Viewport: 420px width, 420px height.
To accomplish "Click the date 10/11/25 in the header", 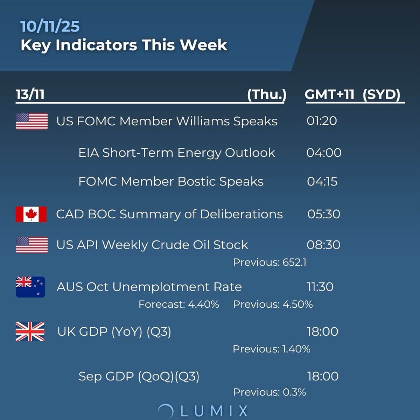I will pos(50,27).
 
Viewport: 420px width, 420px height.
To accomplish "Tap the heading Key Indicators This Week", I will pos(124,45).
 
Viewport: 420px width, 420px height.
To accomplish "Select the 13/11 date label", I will pos(30,94).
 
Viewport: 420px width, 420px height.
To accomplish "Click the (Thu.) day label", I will pos(267,94).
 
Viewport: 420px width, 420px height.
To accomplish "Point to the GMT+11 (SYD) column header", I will pos(352,94).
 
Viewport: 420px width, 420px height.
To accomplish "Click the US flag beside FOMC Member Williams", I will pos(32,121).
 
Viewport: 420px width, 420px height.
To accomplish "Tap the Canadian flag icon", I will pos(31,214).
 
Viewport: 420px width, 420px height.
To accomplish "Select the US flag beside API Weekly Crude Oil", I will pos(32,245).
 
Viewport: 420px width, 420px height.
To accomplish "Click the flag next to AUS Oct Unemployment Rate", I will pos(30,287).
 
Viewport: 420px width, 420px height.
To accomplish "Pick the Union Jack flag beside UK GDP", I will pos(30,331).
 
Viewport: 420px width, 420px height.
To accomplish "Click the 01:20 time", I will pos(322,121).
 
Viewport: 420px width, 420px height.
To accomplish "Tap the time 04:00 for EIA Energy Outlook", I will pos(324,153).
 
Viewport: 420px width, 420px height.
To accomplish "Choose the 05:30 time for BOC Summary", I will pos(324,214).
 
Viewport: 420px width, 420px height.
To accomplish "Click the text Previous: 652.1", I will pos(269,262).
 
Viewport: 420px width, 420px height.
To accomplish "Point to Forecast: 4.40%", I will pos(179,304).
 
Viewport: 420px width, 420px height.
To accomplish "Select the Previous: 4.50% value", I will pos(273,304).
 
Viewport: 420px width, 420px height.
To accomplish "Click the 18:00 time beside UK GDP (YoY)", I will pos(322,331).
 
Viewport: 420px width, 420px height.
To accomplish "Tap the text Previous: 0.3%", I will pos(269,392).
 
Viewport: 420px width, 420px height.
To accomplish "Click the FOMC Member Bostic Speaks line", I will pos(171,182).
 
